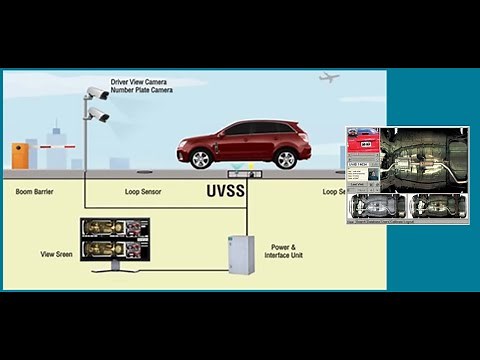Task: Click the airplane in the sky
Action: pos(329,77)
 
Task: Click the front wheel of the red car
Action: pos(201,158)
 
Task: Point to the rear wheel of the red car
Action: pos(286,158)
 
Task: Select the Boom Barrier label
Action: pos(37,190)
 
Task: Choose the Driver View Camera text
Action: pos(141,82)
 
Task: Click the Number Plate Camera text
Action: pos(141,91)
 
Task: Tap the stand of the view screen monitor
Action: pos(116,269)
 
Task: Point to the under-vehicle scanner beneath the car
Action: pos(240,171)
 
